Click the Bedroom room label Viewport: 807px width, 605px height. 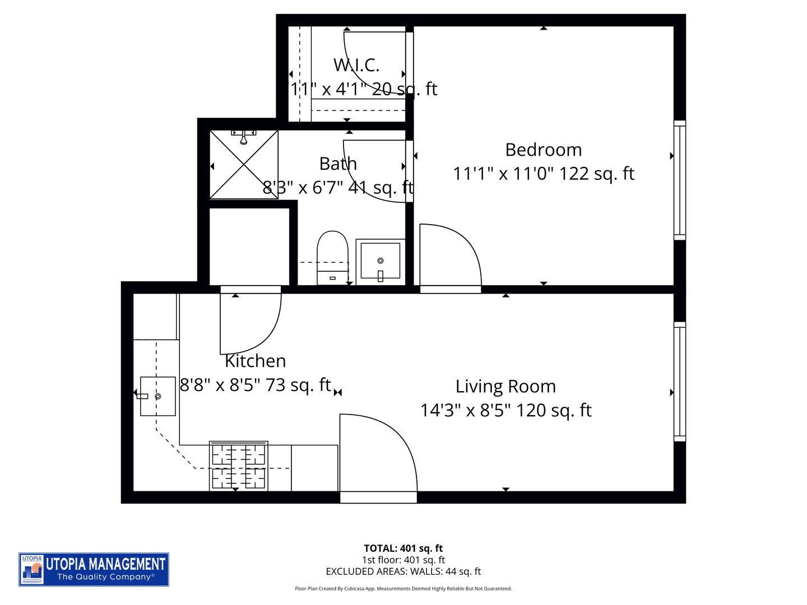pos(543,150)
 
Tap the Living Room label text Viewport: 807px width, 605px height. pos(505,386)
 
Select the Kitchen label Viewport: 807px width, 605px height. pos(255,361)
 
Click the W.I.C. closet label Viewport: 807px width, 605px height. pos(356,65)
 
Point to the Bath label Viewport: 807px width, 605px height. pos(338,164)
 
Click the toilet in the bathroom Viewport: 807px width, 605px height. pos(332,257)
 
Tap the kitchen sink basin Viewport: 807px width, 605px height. pos(157,396)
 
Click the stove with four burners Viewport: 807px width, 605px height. pos(238,466)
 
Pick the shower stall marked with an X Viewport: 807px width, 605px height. pos(244,164)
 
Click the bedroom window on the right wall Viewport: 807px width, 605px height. pos(679,180)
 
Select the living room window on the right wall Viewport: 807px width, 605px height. pos(679,381)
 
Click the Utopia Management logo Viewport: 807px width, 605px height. pos(94,569)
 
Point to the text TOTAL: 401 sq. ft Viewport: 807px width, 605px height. pos(403,548)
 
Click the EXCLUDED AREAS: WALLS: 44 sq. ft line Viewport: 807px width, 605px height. pos(403,571)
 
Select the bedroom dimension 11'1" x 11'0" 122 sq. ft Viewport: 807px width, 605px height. pos(543,174)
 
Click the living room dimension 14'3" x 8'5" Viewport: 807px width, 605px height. pos(505,410)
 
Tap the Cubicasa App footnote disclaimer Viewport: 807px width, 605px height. pos(403,589)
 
